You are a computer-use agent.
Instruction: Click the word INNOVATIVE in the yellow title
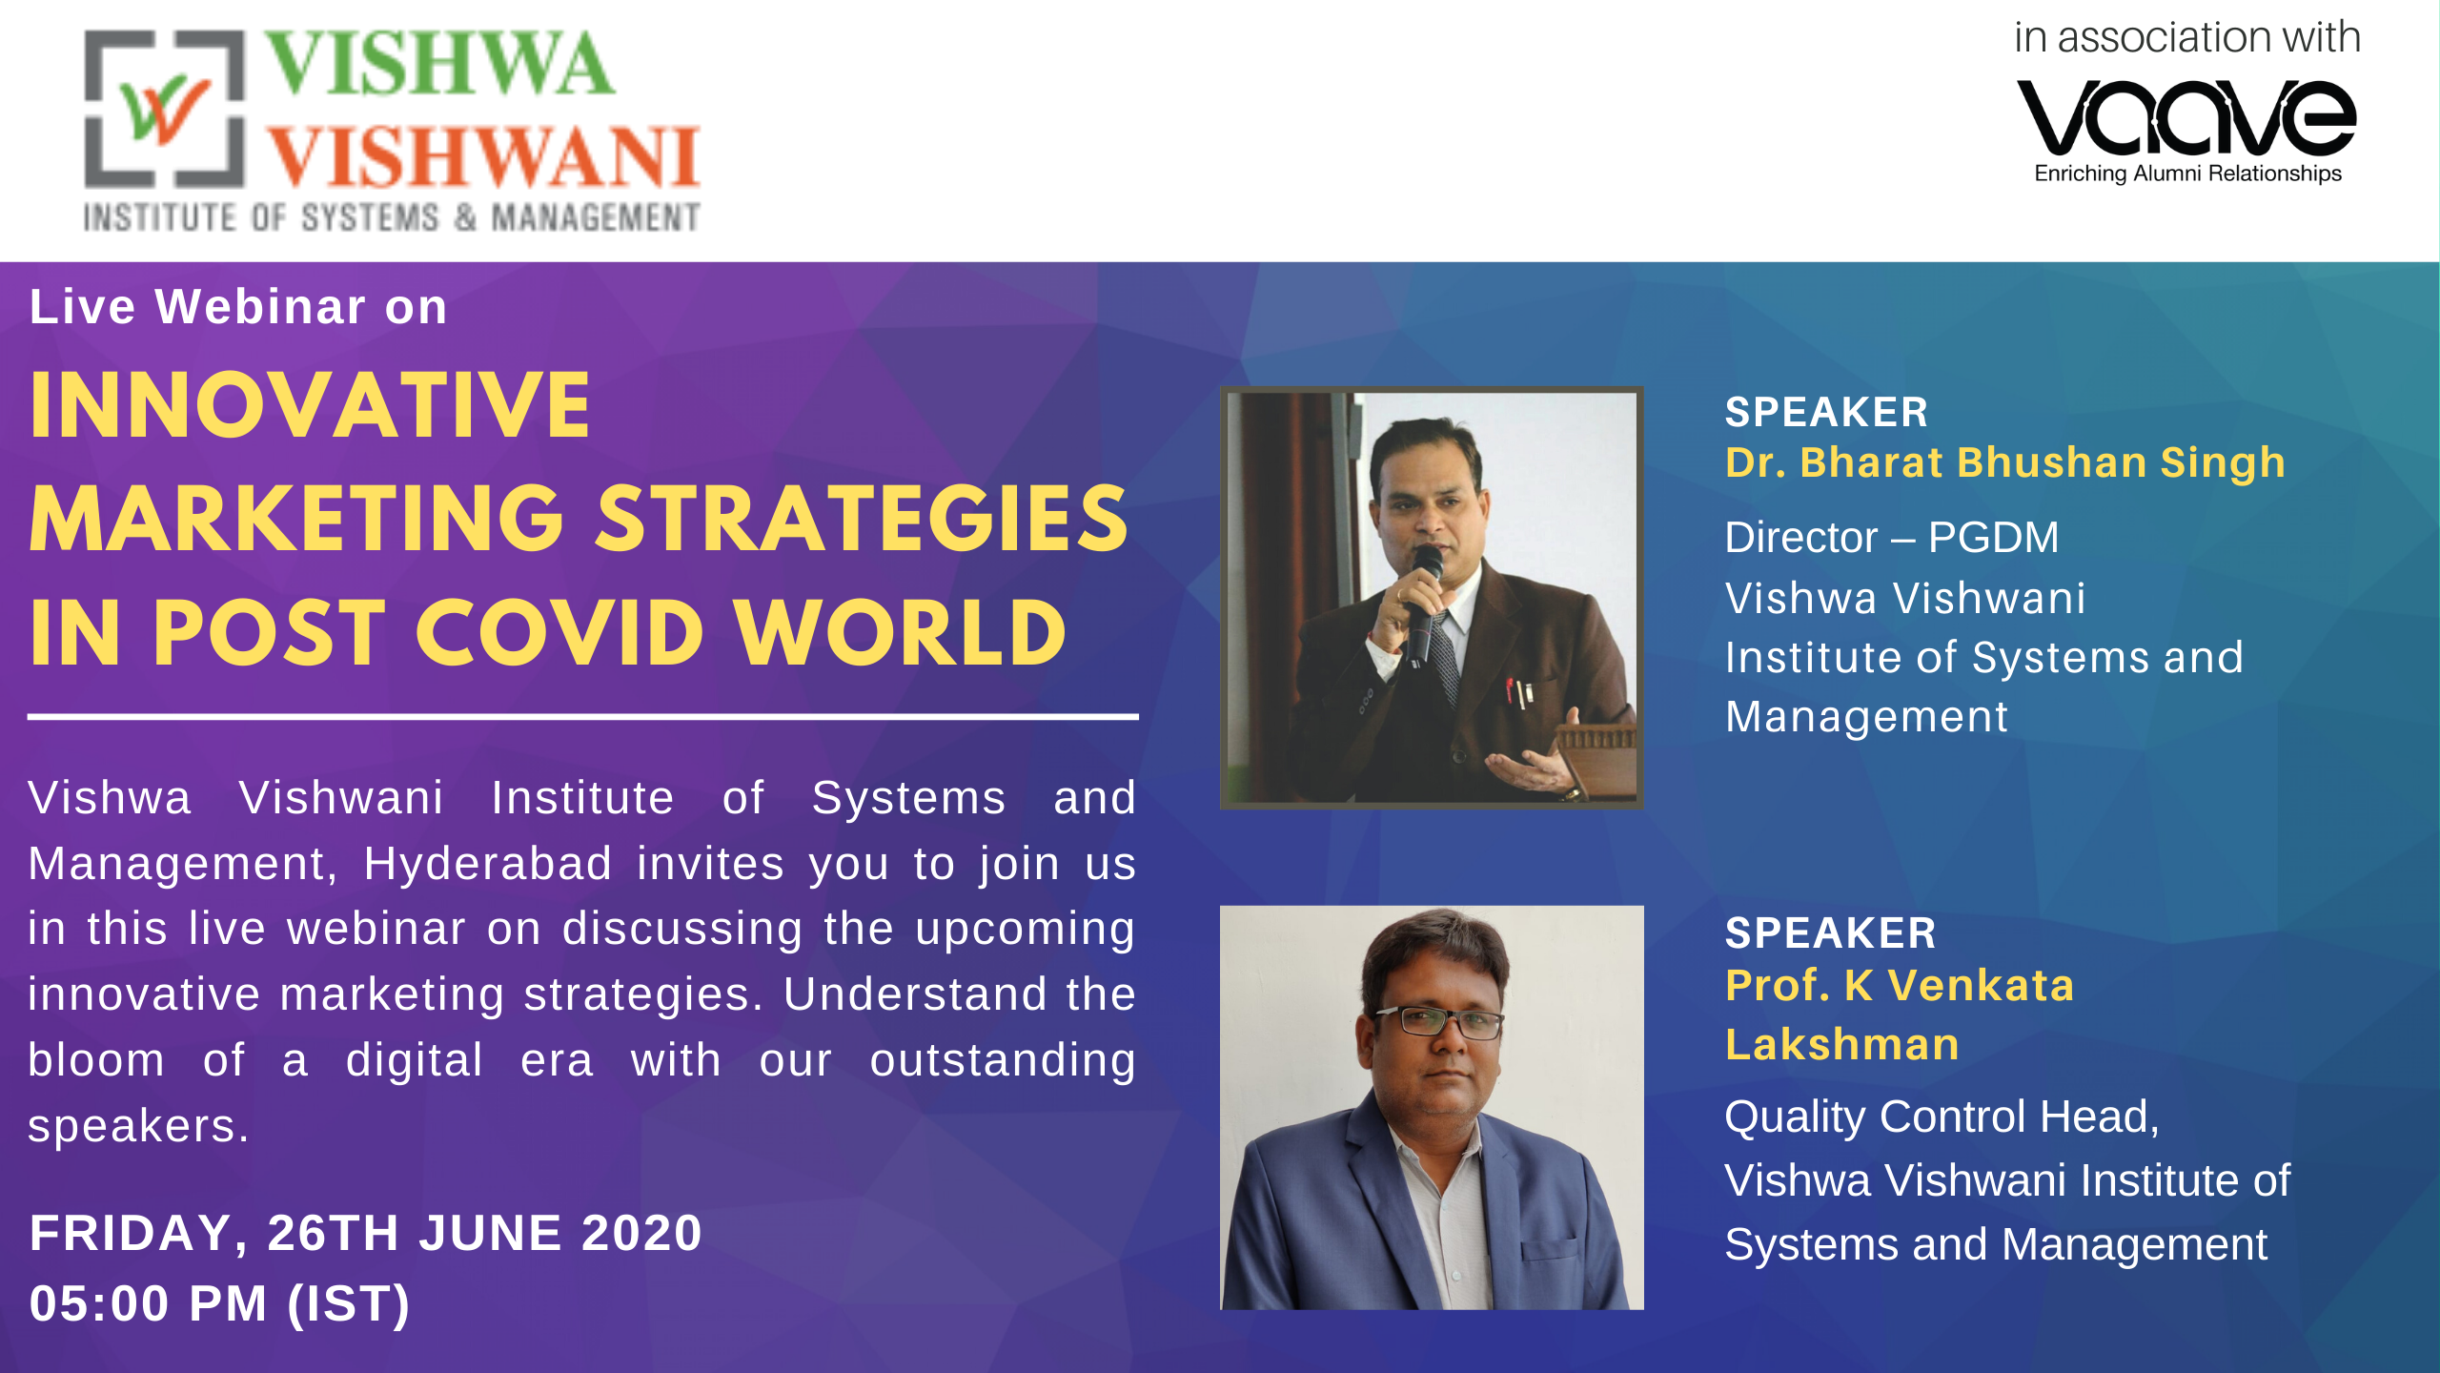[x=311, y=406]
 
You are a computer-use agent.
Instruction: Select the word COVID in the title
[x=559, y=634]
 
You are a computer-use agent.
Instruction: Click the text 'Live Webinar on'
[x=238, y=307]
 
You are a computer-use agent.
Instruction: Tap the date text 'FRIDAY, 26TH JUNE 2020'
[x=366, y=1233]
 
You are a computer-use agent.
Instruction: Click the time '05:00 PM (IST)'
[x=220, y=1303]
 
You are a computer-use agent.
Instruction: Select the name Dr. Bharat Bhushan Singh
[x=2005, y=462]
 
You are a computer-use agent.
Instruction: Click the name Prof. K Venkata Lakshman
[x=1899, y=1014]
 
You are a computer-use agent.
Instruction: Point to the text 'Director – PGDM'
[x=1892, y=537]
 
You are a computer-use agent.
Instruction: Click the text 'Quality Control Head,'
[x=1942, y=1117]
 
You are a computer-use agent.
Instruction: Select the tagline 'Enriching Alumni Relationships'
[x=2187, y=174]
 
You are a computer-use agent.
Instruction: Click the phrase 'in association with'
[x=2186, y=38]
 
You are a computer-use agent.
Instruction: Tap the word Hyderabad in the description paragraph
[x=487, y=864]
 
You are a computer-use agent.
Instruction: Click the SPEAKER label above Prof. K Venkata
[x=1830, y=932]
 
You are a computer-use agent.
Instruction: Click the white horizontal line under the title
[x=582, y=716]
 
